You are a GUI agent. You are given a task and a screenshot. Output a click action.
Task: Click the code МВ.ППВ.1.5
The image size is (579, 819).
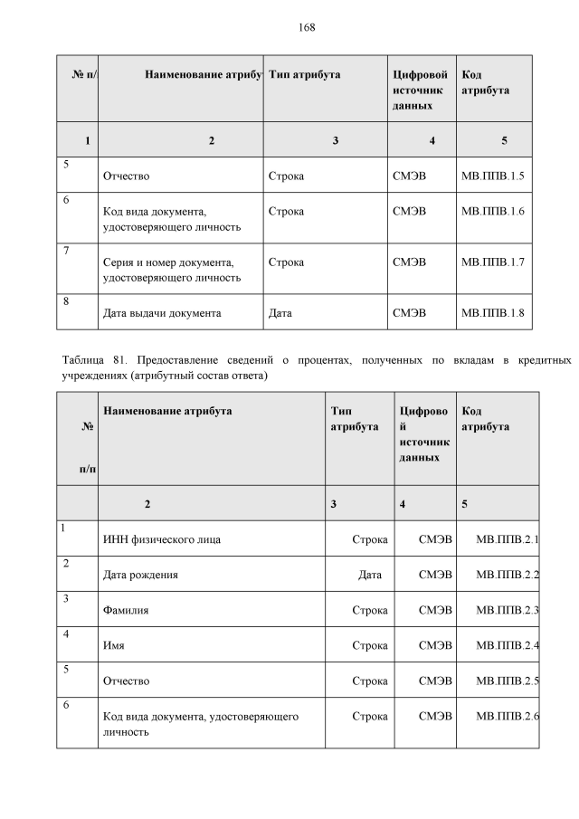[x=492, y=176]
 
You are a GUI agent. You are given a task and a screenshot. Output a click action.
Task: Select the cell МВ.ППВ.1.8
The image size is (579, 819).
[x=492, y=314]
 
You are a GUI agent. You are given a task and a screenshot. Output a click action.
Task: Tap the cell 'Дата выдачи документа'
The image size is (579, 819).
[x=163, y=314]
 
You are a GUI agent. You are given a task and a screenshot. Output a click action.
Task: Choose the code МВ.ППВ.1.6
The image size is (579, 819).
[x=492, y=212]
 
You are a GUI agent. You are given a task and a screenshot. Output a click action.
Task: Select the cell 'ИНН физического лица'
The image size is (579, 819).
[x=163, y=540]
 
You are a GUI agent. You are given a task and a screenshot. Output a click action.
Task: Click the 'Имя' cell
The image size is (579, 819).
[x=115, y=645]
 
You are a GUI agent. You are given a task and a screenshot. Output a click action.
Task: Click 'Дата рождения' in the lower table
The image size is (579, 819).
[x=141, y=575]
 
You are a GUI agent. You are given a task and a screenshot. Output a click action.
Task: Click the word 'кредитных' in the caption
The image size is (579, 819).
[x=545, y=361]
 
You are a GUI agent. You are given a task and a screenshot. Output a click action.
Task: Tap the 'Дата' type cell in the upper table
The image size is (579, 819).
[x=280, y=314]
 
